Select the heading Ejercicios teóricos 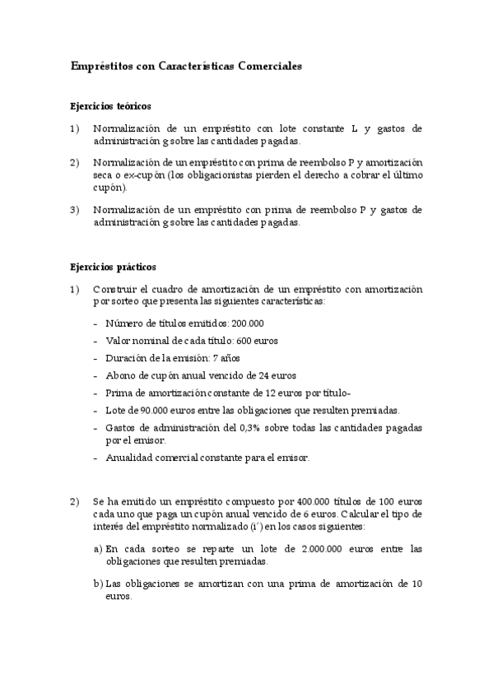111,106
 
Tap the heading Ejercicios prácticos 113,268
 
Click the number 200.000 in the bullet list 244,323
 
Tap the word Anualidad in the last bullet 129,458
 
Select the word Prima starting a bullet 119,393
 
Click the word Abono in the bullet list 120,375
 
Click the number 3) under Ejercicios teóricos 75,210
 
